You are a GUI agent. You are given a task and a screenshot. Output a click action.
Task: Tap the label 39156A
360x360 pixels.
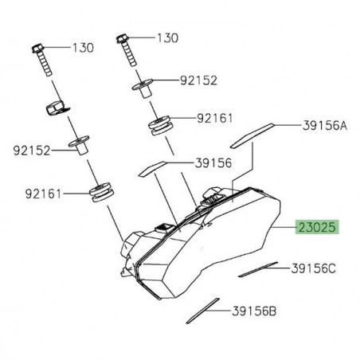pos(326,124)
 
